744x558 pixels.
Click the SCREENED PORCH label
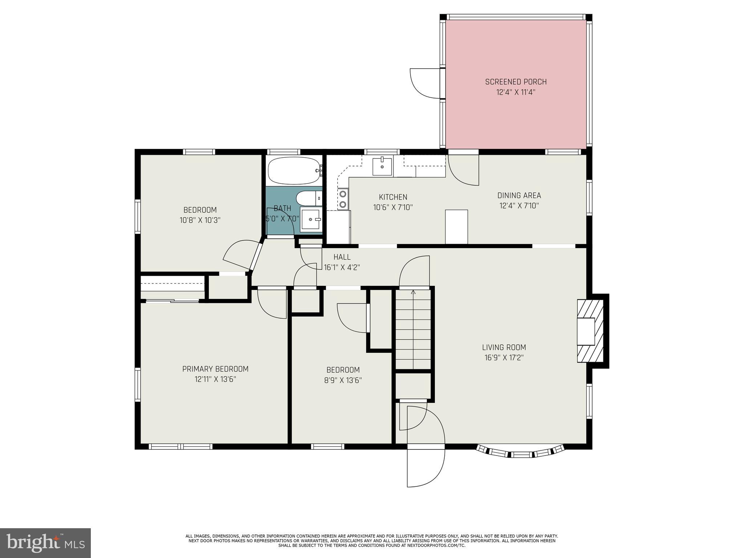click(515, 82)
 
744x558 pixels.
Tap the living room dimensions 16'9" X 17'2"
click(504, 357)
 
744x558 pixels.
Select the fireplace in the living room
click(590, 331)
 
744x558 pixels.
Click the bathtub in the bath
click(295, 170)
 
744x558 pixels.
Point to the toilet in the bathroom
click(309, 198)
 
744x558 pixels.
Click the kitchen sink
click(382, 166)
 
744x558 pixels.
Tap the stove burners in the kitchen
click(343, 199)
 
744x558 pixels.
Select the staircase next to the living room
click(413, 329)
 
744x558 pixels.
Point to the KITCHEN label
click(393, 197)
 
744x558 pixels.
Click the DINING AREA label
click(519, 196)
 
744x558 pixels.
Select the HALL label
click(342, 257)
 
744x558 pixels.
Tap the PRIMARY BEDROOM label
click(215, 369)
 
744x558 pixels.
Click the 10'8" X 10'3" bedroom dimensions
click(200, 220)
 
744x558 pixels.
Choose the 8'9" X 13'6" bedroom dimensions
click(343, 380)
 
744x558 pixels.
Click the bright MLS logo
click(45, 543)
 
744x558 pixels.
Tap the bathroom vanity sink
click(311, 220)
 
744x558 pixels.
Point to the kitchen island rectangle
click(456, 227)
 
